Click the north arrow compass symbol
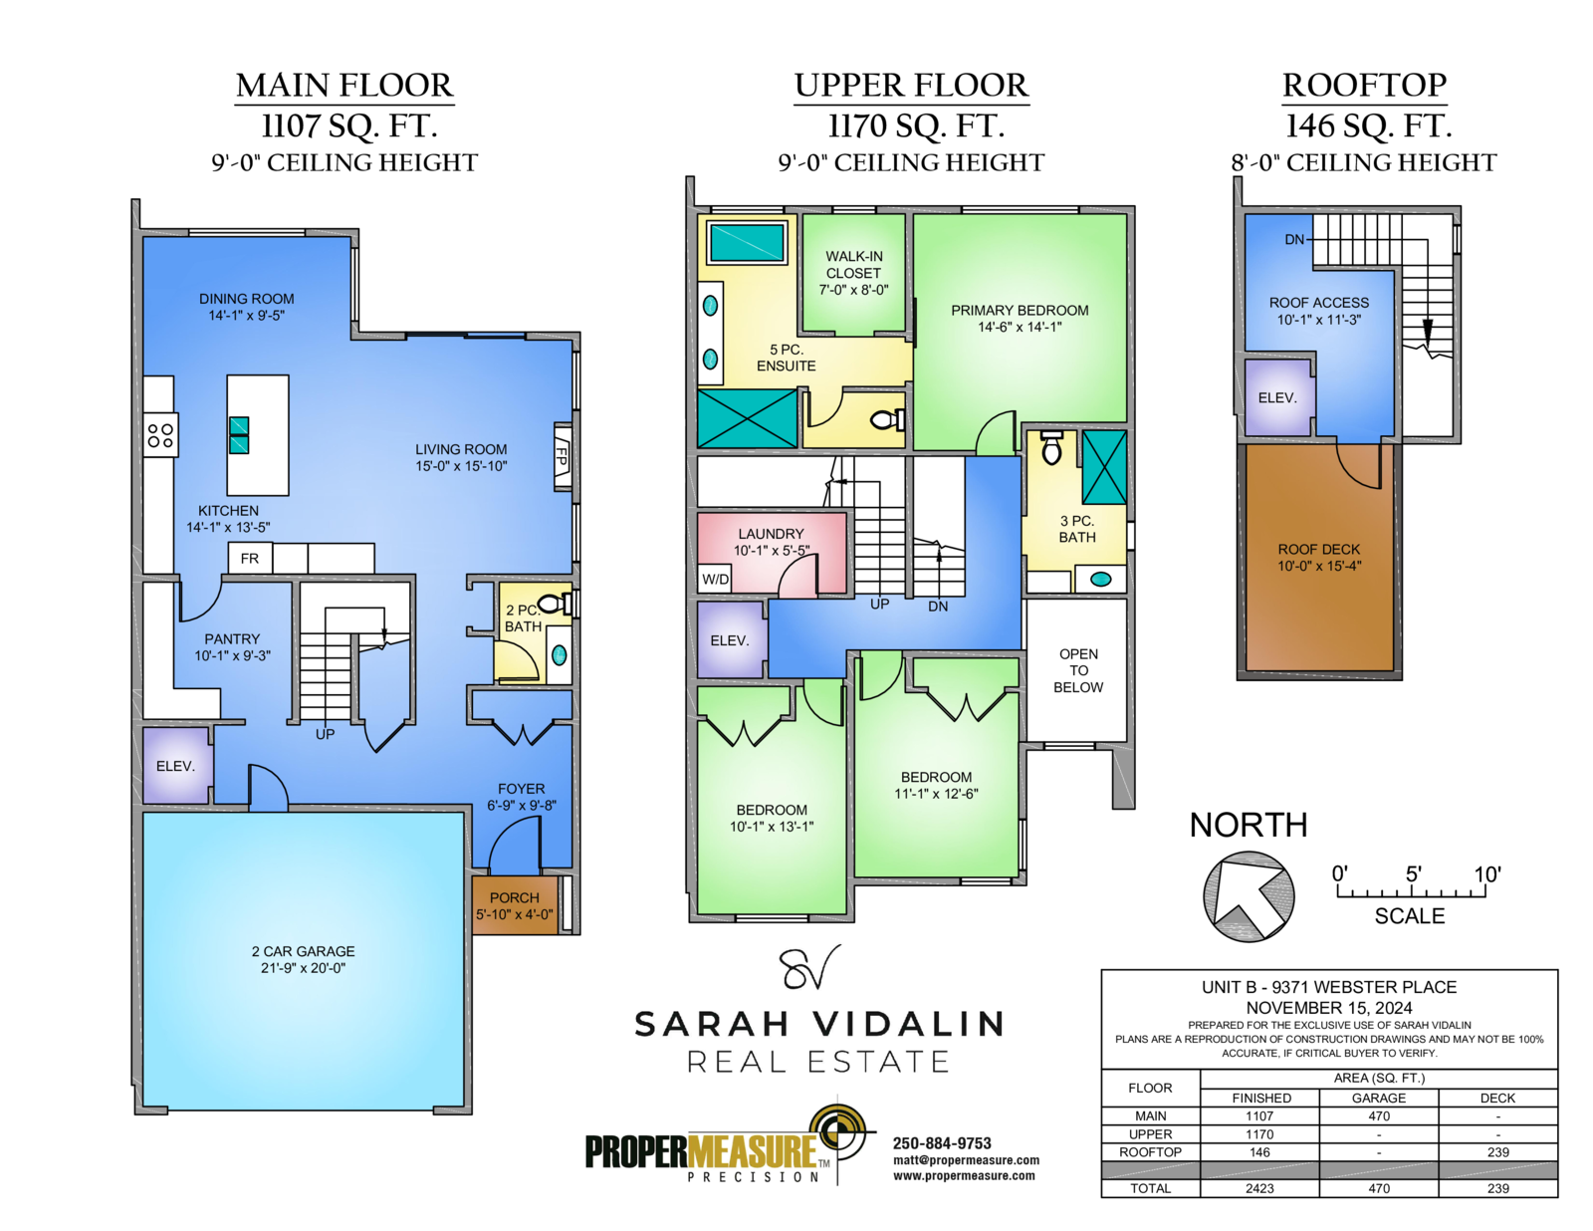coord(1248,896)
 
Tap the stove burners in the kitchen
coord(160,435)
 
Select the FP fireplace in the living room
coord(563,456)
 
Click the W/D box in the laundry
coord(715,579)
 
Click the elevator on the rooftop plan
coord(1277,397)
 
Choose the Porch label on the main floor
coord(514,897)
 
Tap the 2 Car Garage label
coord(303,951)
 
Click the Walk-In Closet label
coord(854,265)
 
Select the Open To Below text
coord(1078,670)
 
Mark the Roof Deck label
coord(1319,549)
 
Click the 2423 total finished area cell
coord(1259,1188)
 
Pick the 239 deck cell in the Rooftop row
coord(1497,1151)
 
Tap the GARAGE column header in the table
coord(1379,1098)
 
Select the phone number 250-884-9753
coord(941,1143)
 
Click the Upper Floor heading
coord(911,85)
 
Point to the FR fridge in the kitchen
coord(250,558)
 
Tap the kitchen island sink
coord(239,435)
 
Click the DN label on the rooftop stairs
coord(1294,239)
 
